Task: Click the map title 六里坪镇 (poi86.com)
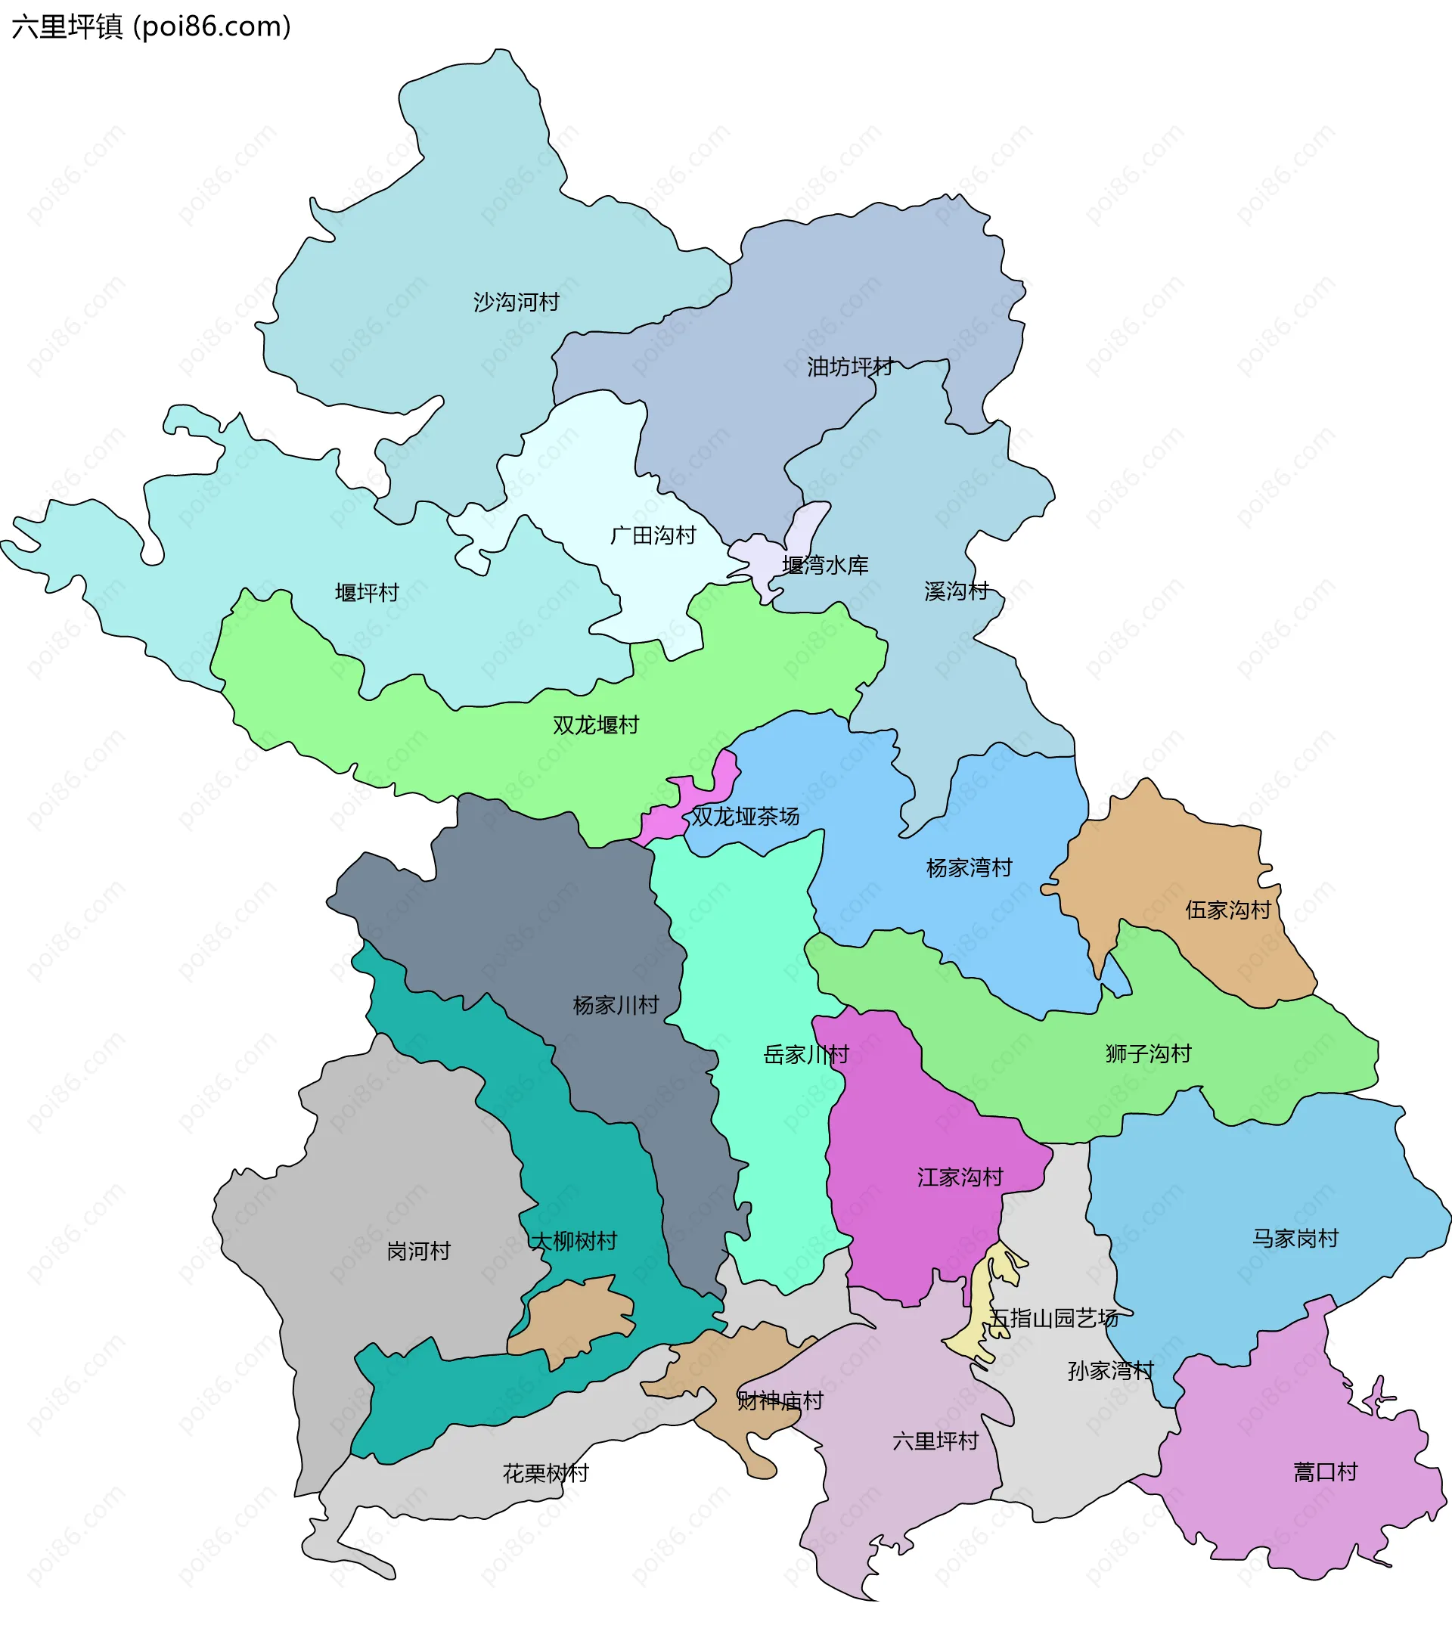[x=151, y=26]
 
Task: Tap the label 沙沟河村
[x=516, y=302]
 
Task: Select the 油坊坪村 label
[x=850, y=368]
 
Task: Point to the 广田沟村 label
[x=653, y=535]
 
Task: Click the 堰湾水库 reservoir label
[x=825, y=565]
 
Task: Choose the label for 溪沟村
[x=957, y=591]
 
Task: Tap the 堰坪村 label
[x=368, y=593]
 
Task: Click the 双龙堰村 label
[x=596, y=725]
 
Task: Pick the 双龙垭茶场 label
[x=745, y=816]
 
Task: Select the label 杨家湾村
[x=969, y=868]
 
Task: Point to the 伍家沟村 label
[x=1227, y=910]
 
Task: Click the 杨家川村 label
[x=616, y=1005]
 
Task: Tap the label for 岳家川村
[x=805, y=1054]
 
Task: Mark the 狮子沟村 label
[x=1148, y=1053]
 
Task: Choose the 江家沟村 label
[x=960, y=1177]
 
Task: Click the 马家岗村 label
[x=1295, y=1239]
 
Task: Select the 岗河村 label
[x=418, y=1251]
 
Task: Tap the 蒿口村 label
[x=1325, y=1472]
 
